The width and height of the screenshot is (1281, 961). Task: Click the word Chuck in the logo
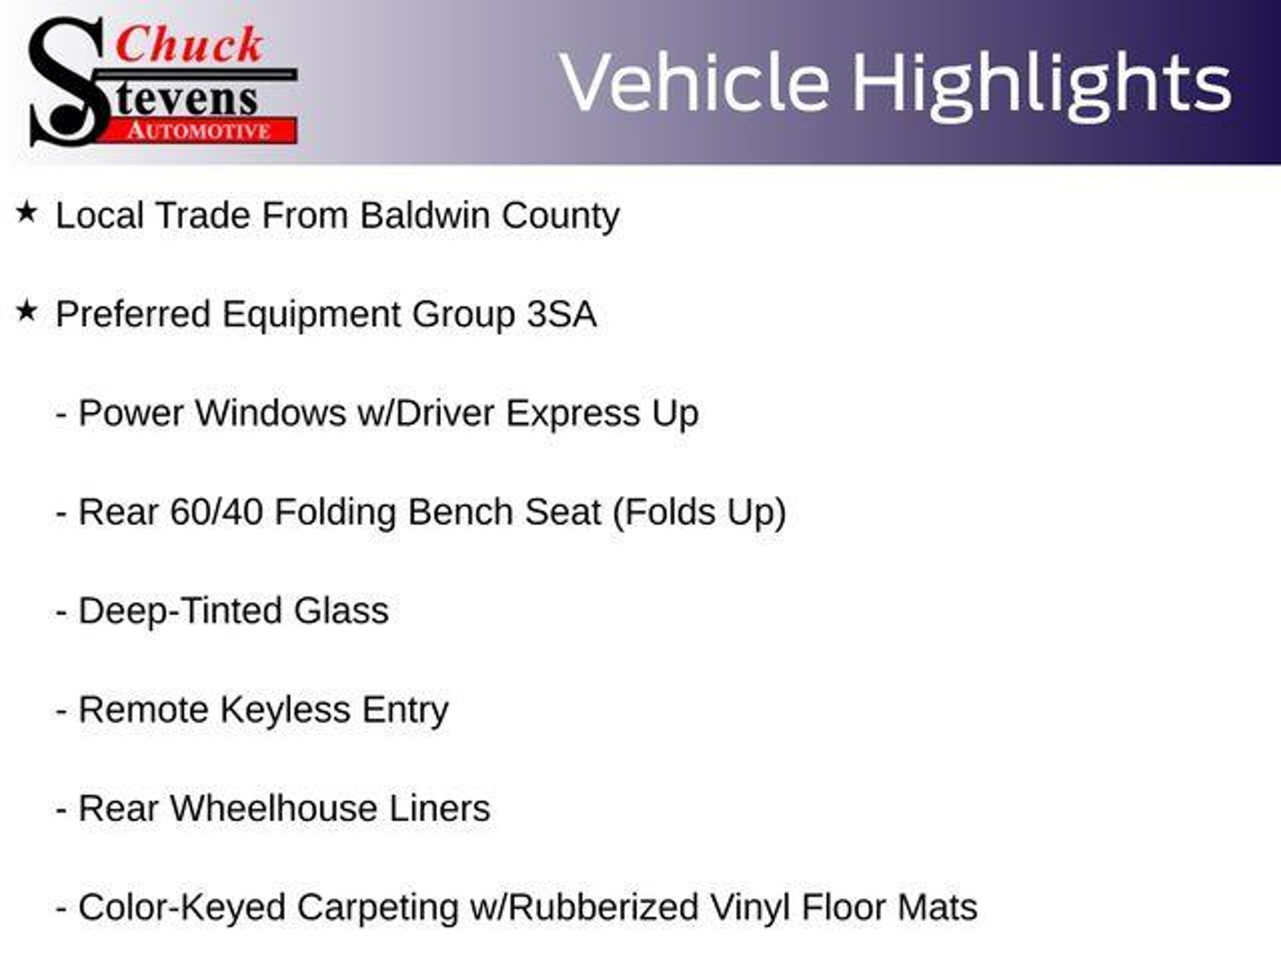tap(190, 45)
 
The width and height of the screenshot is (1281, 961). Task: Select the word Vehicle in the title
tap(695, 82)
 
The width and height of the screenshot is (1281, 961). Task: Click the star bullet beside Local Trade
tap(27, 213)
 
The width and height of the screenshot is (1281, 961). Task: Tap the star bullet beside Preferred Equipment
tap(27, 311)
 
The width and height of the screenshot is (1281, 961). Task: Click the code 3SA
tap(561, 314)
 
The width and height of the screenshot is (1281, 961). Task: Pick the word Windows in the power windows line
tap(270, 413)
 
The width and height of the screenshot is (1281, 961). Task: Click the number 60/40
tap(216, 512)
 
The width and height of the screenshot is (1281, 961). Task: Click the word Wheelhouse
tap(274, 808)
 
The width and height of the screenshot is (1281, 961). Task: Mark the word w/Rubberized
tap(584, 907)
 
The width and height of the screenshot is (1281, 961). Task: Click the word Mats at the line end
tap(937, 907)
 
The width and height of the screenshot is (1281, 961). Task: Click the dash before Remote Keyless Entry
tap(61, 711)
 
